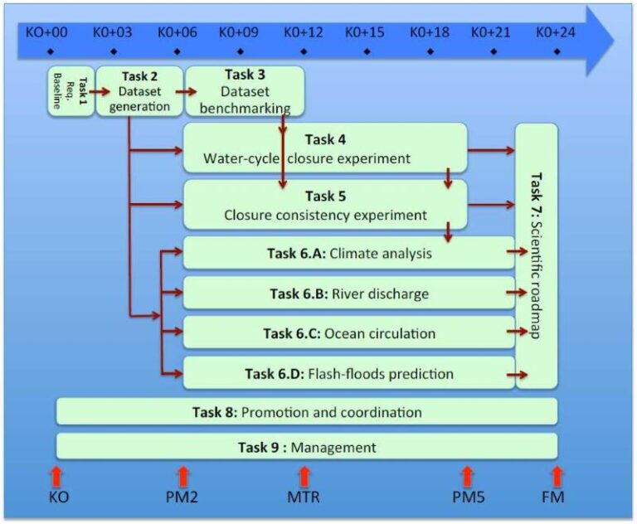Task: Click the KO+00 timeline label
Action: tap(45, 33)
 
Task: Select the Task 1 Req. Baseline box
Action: tap(70, 91)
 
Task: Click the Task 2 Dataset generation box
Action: tap(139, 91)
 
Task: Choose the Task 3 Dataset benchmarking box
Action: tap(244, 91)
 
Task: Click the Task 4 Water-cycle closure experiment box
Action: tap(324, 148)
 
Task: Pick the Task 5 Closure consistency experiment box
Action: tap(324, 205)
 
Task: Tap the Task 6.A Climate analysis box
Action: tap(348, 253)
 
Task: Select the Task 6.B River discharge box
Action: tap(348, 293)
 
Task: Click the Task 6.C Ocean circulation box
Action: tap(348, 333)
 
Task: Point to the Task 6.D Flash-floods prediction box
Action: tap(348, 373)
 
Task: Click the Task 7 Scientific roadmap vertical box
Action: tap(537, 255)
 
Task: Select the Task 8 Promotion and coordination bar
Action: tap(306, 411)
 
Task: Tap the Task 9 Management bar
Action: tap(306, 447)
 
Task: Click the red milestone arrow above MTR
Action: tap(304, 476)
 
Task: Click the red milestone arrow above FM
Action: tap(557, 476)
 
